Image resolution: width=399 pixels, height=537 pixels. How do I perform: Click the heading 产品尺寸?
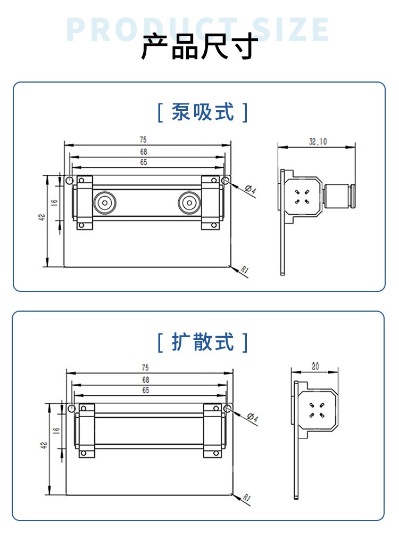point(199,47)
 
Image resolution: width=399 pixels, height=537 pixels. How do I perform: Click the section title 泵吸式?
point(203,112)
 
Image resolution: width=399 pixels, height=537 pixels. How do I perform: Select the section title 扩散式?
point(203,341)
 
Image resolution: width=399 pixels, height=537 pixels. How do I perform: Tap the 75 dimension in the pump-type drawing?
point(143,140)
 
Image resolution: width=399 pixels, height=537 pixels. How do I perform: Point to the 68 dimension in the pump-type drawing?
point(143,152)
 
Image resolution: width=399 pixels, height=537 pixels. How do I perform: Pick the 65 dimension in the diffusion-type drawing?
point(146,390)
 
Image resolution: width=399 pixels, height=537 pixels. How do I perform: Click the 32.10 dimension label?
point(318,141)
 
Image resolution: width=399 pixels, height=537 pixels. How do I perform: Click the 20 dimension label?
point(315,366)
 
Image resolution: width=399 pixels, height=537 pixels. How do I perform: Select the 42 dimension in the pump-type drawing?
point(42,217)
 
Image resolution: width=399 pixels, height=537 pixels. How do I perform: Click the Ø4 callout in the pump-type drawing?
point(251,190)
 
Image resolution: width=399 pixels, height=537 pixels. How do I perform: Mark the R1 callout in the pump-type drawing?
point(245,270)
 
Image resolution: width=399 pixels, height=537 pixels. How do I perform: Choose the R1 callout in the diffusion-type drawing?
point(246,498)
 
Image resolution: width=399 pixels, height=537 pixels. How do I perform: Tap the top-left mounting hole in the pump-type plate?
point(69,181)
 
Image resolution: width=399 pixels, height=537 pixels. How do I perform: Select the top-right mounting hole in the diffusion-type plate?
point(228,409)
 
